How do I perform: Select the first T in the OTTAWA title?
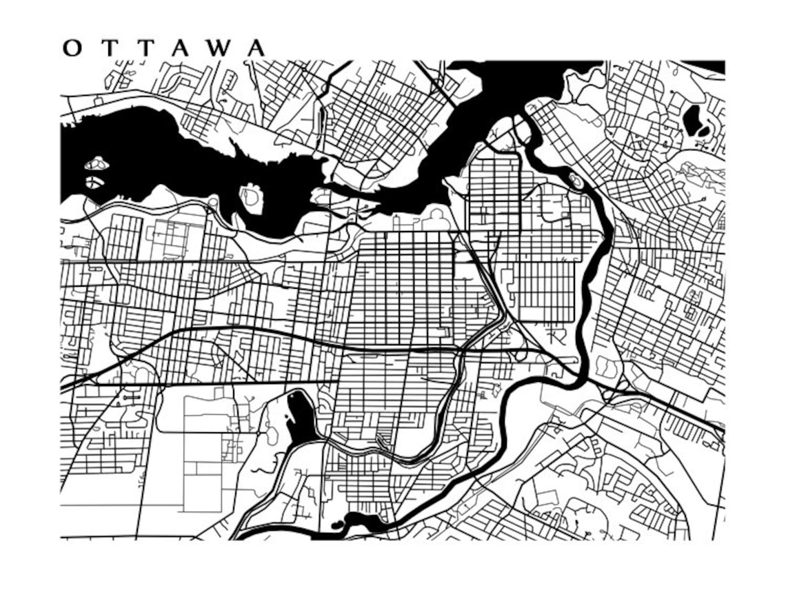[x=112, y=48]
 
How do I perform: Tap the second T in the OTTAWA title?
[x=149, y=48]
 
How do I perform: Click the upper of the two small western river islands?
[x=97, y=165]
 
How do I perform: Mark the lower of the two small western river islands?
[x=94, y=183]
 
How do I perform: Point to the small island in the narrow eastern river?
[x=575, y=181]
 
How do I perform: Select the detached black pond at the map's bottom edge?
[x=337, y=525]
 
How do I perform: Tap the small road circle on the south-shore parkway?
[x=214, y=202]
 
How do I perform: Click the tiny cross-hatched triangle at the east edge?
[x=721, y=222]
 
